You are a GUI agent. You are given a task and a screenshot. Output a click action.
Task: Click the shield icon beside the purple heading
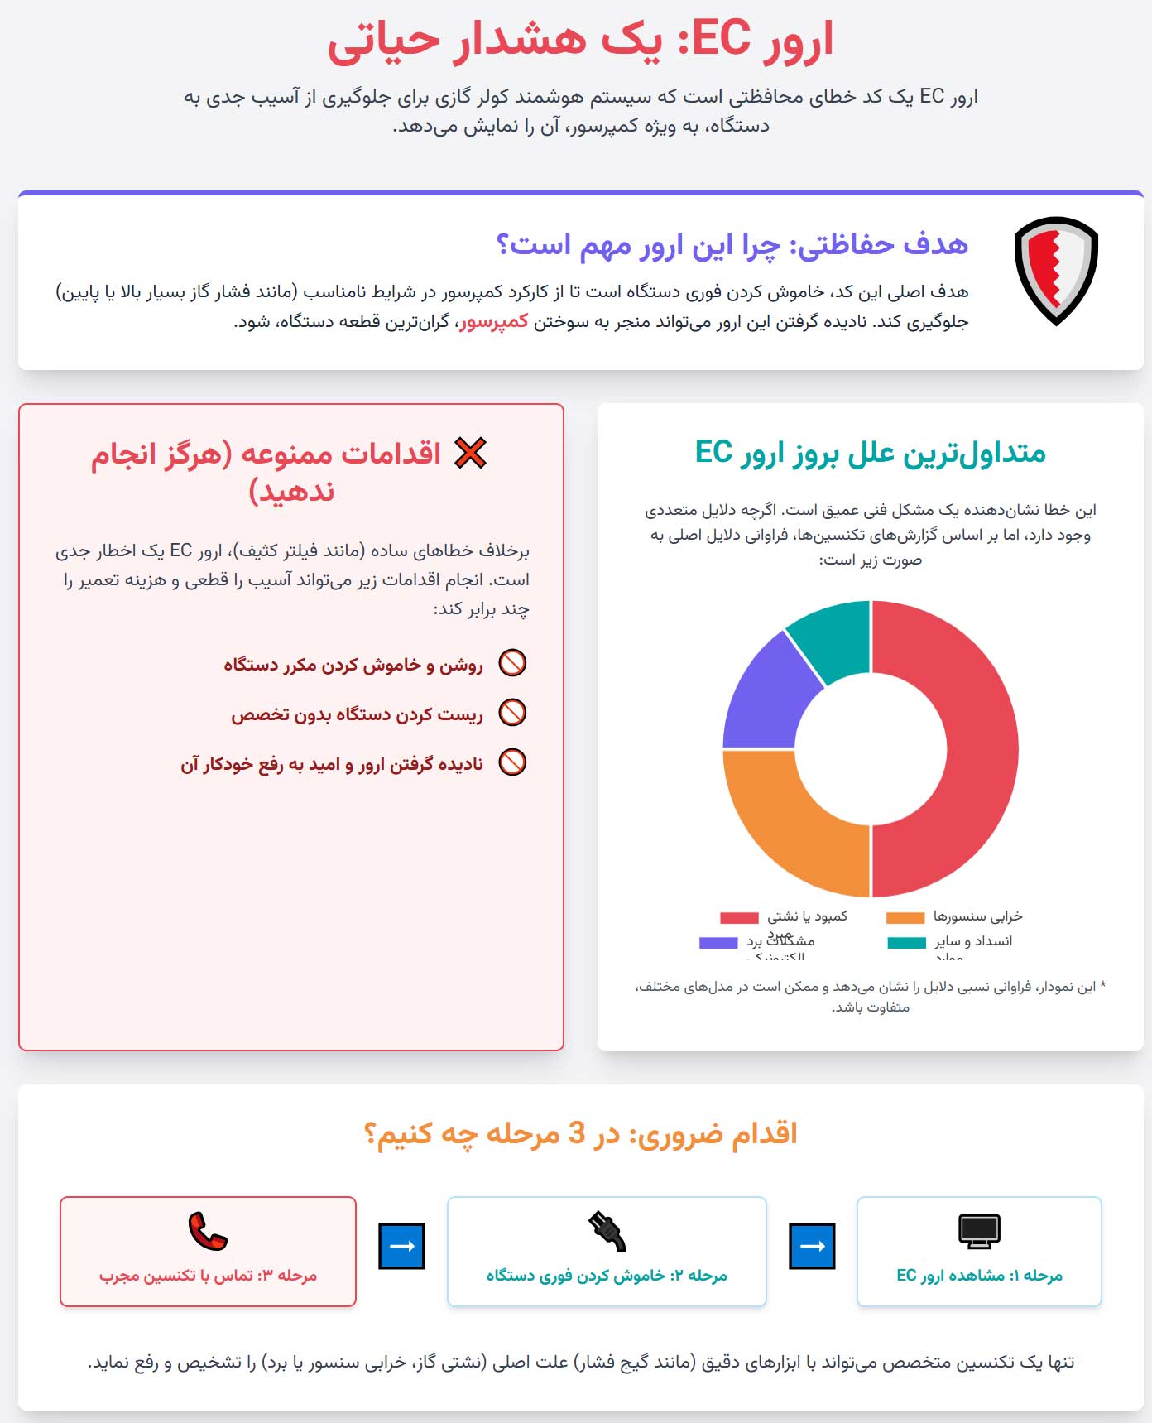[1056, 270]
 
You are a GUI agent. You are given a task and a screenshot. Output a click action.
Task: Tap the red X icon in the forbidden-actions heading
[471, 453]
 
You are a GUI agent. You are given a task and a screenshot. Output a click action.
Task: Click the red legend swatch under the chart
[739, 917]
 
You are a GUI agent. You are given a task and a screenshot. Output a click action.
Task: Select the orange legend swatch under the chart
[905, 917]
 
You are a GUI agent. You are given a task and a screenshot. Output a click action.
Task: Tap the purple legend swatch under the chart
[718, 942]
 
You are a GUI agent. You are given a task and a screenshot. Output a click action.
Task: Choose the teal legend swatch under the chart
[906, 942]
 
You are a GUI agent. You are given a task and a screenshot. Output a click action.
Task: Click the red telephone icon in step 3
[207, 1231]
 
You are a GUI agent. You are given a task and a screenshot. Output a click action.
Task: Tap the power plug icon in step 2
[607, 1231]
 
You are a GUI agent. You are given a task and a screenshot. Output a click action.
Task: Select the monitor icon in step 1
[979, 1231]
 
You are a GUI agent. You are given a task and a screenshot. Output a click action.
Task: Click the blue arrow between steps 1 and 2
[812, 1246]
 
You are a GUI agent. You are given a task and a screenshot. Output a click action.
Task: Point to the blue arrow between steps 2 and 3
[401, 1246]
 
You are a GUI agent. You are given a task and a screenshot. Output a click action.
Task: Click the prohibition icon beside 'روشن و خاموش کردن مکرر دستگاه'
[512, 663]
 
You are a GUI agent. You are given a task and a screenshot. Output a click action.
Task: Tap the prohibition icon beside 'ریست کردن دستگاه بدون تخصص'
[512, 713]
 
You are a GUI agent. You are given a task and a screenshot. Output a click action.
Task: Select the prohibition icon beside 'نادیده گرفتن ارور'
[512, 762]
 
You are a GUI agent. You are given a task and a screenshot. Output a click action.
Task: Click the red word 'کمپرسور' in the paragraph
[494, 321]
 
